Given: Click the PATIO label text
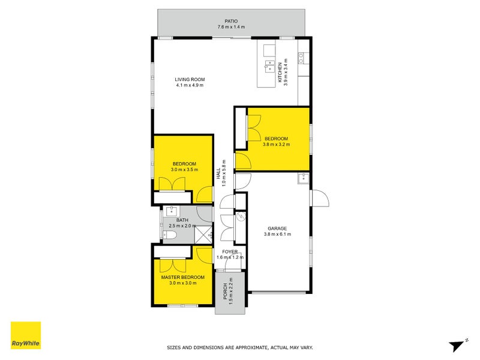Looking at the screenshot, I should click(231, 21).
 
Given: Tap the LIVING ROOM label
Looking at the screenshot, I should click(190, 79).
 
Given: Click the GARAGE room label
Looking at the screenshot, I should click(277, 228).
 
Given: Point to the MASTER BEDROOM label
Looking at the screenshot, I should click(182, 277).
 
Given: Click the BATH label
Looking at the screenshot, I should click(174, 220).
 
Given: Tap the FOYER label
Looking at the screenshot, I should click(230, 251).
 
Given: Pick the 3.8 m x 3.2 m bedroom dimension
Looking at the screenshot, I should click(277, 145).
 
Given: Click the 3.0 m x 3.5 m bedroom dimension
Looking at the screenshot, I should click(185, 170).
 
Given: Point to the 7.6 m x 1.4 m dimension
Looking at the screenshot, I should click(231, 27).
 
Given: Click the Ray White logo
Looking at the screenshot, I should click(26, 335).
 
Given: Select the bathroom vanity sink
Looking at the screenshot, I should click(171, 211).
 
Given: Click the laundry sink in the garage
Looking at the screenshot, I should click(304, 178).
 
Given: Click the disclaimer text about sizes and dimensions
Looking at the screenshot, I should click(239, 347).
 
